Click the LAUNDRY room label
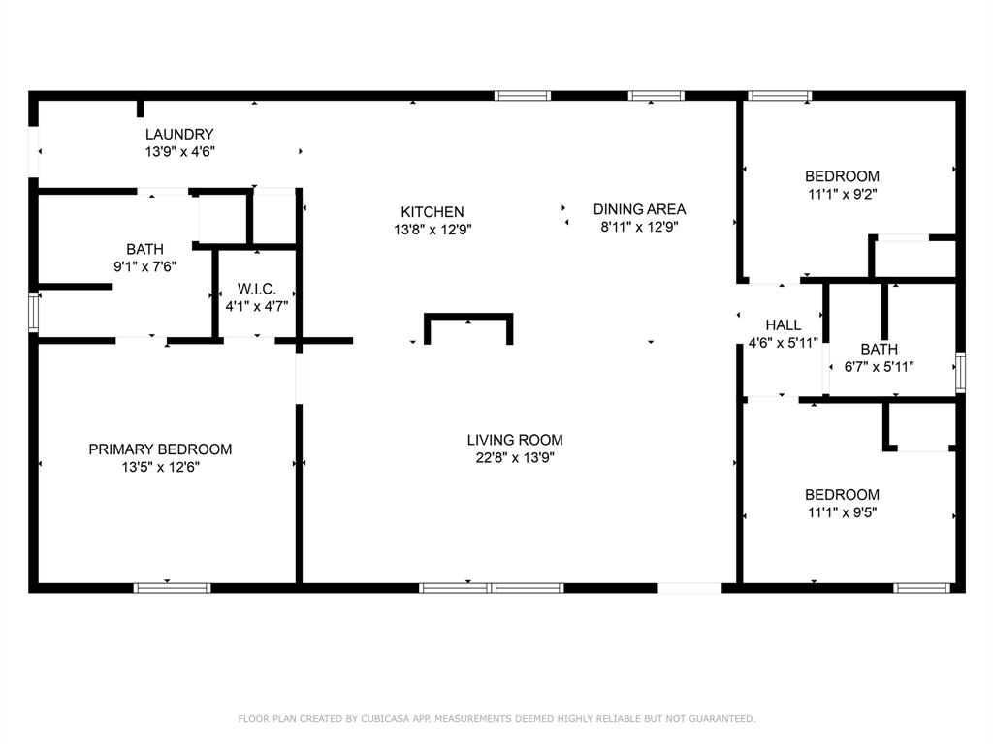(x=179, y=134)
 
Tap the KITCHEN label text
(x=432, y=211)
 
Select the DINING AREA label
(x=639, y=208)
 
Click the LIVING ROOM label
(x=514, y=440)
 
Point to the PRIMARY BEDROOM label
(x=160, y=449)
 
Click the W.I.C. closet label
(x=257, y=289)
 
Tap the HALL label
(x=783, y=325)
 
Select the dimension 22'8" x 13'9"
(x=514, y=458)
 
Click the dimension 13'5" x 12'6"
(x=160, y=467)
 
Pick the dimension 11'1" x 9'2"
(x=842, y=194)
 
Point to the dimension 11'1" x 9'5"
(x=842, y=511)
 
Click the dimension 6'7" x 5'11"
(x=879, y=367)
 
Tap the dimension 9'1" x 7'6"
(x=144, y=265)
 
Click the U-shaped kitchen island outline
(x=468, y=317)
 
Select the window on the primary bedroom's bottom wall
(x=172, y=587)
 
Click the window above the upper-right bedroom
(x=780, y=96)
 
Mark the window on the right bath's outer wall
(x=960, y=373)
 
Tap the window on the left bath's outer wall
(x=35, y=312)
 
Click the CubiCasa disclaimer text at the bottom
(x=496, y=719)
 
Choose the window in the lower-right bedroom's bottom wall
(x=921, y=587)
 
